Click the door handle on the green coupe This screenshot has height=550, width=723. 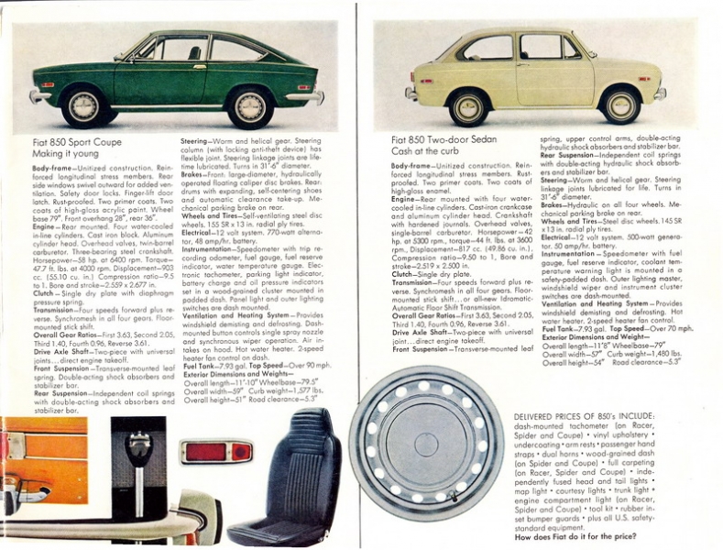point(199,66)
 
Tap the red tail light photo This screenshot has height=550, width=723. point(216,451)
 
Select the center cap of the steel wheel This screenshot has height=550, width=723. point(425,445)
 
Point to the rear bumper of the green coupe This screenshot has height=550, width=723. point(312,94)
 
